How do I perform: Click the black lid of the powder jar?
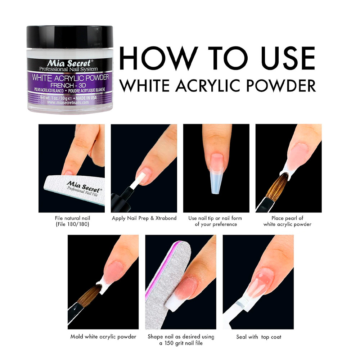click(x=70, y=37)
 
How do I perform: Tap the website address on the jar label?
click(x=68, y=102)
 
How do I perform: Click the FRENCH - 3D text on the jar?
click(x=68, y=85)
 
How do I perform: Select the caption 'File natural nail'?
click(x=72, y=218)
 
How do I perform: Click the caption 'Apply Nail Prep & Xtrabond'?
click(x=144, y=218)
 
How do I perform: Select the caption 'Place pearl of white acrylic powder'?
click(x=287, y=221)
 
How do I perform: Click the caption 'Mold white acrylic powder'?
click(x=103, y=337)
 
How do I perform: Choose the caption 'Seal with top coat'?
click(x=259, y=337)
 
